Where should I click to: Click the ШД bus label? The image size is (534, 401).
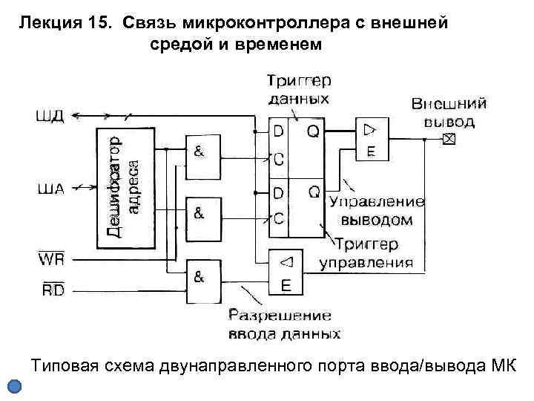[x=50, y=115]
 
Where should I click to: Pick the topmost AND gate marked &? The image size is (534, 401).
[x=203, y=157]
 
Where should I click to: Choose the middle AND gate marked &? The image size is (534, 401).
[x=203, y=218]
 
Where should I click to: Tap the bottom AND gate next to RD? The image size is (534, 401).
[x=203, y=282]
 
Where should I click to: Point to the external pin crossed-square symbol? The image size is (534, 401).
[x=448, y=140]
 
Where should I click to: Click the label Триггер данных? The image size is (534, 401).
[x=299, y=88]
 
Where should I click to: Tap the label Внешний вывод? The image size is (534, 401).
[x=449, y=111]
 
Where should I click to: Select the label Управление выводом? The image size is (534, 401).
[x=376, y=210]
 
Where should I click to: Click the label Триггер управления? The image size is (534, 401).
[x=366, y=252]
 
